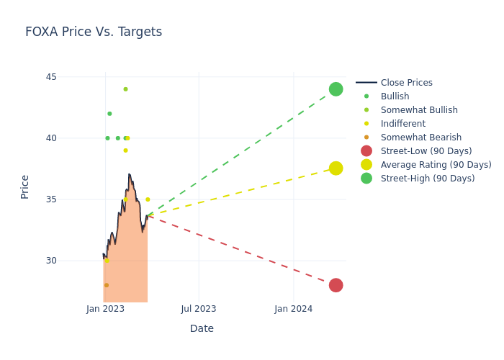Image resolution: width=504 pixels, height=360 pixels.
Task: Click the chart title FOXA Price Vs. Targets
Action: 94,32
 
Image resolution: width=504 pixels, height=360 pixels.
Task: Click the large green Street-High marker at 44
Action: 336,89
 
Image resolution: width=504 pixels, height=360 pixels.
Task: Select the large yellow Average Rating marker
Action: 336,168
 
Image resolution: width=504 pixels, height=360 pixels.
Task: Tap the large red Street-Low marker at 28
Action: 336,285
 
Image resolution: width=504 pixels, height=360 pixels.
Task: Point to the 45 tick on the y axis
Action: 51,77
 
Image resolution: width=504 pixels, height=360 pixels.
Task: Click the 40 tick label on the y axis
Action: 51,138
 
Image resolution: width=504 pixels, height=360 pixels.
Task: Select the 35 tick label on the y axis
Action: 51,199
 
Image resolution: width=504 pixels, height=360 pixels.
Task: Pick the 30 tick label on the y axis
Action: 51,261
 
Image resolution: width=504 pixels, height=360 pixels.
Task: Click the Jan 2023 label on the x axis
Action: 105,309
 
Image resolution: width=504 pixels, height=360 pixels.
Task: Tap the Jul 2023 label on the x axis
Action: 199,309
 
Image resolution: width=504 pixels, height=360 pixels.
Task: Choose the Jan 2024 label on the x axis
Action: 293,309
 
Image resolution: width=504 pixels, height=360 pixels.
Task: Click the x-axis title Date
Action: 202,328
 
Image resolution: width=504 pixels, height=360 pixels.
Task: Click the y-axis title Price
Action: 25,186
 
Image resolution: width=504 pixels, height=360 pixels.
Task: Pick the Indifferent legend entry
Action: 402,124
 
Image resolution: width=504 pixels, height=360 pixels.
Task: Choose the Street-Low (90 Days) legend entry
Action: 426,151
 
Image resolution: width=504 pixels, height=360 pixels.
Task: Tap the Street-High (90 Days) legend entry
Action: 427,179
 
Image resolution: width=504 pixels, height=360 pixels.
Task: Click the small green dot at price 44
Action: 125,89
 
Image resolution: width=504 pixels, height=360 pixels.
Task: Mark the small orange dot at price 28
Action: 107,285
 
